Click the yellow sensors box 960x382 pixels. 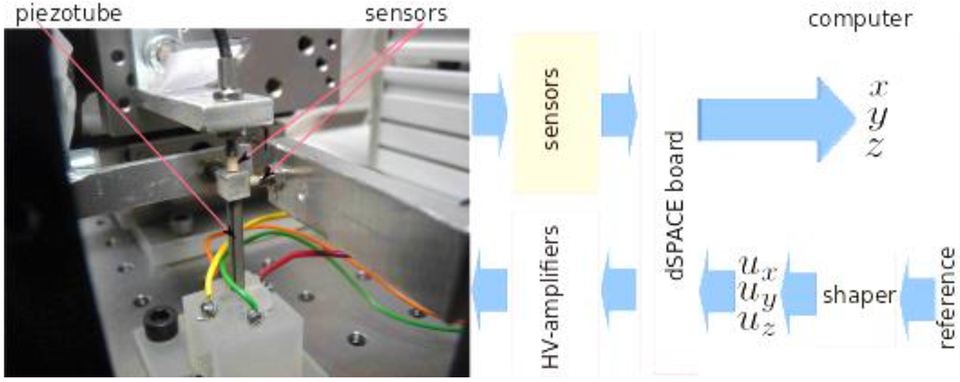[x=555, y=112]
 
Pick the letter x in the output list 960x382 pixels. [x=877, y=88]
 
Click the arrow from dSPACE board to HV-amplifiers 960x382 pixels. [x=618, y=286]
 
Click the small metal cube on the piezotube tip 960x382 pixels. [x=230, y=178]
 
